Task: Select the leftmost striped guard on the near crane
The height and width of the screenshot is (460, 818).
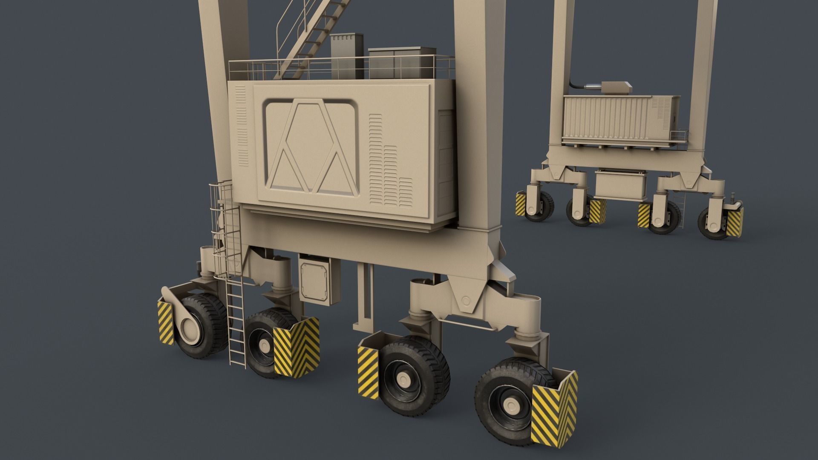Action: point(166,322)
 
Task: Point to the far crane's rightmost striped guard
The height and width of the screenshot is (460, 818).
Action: point(735,222)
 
